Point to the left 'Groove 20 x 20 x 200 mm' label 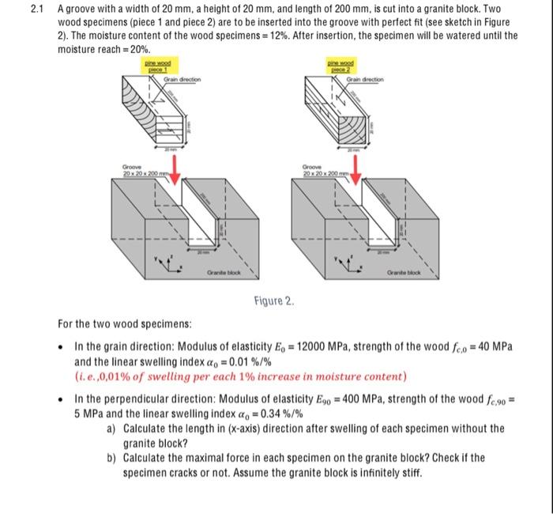[138, 170]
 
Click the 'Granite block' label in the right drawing [405, 274]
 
